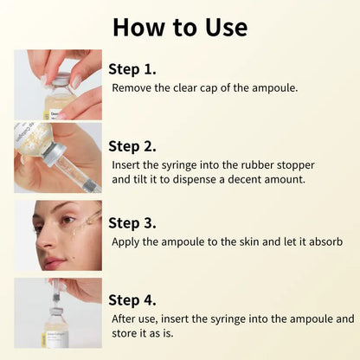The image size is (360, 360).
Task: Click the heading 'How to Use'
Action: coord(179,27)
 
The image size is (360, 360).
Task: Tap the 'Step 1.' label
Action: coord(132,67)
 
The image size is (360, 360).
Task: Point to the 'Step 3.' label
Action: coord(132,222)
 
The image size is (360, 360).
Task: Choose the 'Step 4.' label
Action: coord(132,299)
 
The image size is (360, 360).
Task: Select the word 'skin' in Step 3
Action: coord(253,241)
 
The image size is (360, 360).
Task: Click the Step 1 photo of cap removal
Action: coord(57,84)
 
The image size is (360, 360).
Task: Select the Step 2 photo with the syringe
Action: coord(57,157)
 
